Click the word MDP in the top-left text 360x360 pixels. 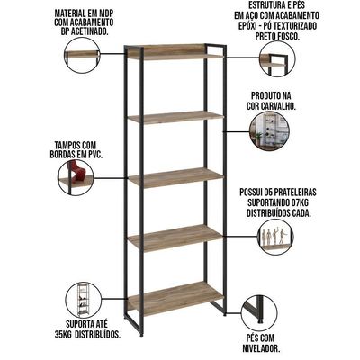tap(106, 13)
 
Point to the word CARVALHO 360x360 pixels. tap(277, 106)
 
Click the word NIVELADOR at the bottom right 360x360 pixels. tap(261, 349)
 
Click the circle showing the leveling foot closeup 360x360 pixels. tap(258, 312)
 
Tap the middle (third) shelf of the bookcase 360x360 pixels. tap(176, 178)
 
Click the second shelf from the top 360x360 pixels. tap(176, 118)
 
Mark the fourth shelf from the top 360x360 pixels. tap(176, 237)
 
